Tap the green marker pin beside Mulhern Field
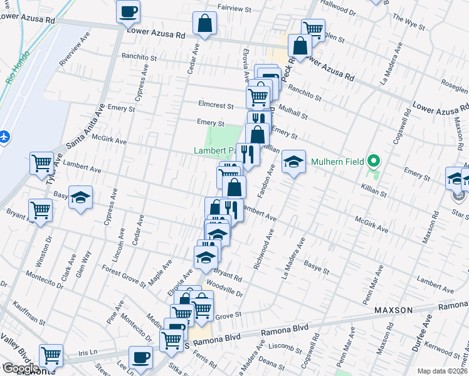click(374, 161)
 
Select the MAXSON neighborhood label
click(393, 310)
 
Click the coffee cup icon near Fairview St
click(128, 11)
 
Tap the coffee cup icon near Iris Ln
click(141, 357)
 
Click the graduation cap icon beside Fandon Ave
click(293, 162)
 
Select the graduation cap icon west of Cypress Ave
click(80, 197)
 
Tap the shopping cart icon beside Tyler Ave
click(41, 163)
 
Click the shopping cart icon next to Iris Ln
click(51, 355)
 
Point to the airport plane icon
click(5, 136)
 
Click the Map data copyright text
click(443, 371)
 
